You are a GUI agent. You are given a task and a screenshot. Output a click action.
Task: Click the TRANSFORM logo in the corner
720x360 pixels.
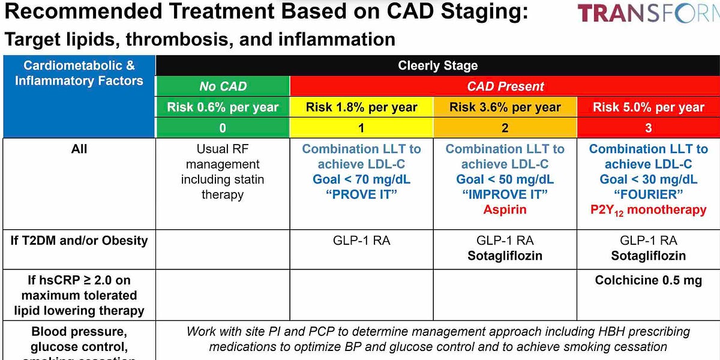648,13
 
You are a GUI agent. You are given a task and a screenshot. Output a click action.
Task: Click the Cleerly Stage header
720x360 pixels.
437,66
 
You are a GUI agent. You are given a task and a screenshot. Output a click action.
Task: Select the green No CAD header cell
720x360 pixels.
223,86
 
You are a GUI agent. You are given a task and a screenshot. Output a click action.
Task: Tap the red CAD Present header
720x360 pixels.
505,86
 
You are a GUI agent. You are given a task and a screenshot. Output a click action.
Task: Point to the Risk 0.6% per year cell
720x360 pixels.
223,107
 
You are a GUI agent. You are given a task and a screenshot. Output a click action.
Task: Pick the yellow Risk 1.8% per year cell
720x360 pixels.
361,107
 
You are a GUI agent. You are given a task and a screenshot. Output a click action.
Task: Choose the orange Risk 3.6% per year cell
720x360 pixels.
505,107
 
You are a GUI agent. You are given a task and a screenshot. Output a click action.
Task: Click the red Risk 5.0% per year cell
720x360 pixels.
648,107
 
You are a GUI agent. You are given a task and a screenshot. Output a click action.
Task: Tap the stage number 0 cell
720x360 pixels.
223,128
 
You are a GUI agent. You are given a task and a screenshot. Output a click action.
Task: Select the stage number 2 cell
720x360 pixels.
505,128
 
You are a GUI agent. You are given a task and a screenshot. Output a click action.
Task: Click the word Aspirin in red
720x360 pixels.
505,209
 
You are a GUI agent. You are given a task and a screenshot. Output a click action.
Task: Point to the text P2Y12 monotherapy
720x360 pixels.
648,210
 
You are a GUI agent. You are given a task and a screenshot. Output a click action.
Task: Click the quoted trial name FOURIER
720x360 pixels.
648,194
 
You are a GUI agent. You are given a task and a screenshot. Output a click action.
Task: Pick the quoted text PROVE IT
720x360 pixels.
361,194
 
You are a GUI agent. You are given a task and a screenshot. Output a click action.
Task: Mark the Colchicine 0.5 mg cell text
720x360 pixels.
648,280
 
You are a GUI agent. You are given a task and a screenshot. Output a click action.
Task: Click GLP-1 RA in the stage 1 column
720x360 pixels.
361,241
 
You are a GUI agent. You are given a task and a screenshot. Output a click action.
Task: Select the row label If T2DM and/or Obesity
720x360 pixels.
79,241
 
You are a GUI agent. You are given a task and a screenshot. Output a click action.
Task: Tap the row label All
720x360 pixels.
79,149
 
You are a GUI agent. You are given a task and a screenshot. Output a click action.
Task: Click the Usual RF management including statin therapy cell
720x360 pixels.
223,172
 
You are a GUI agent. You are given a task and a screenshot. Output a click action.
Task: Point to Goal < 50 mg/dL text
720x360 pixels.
505,179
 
